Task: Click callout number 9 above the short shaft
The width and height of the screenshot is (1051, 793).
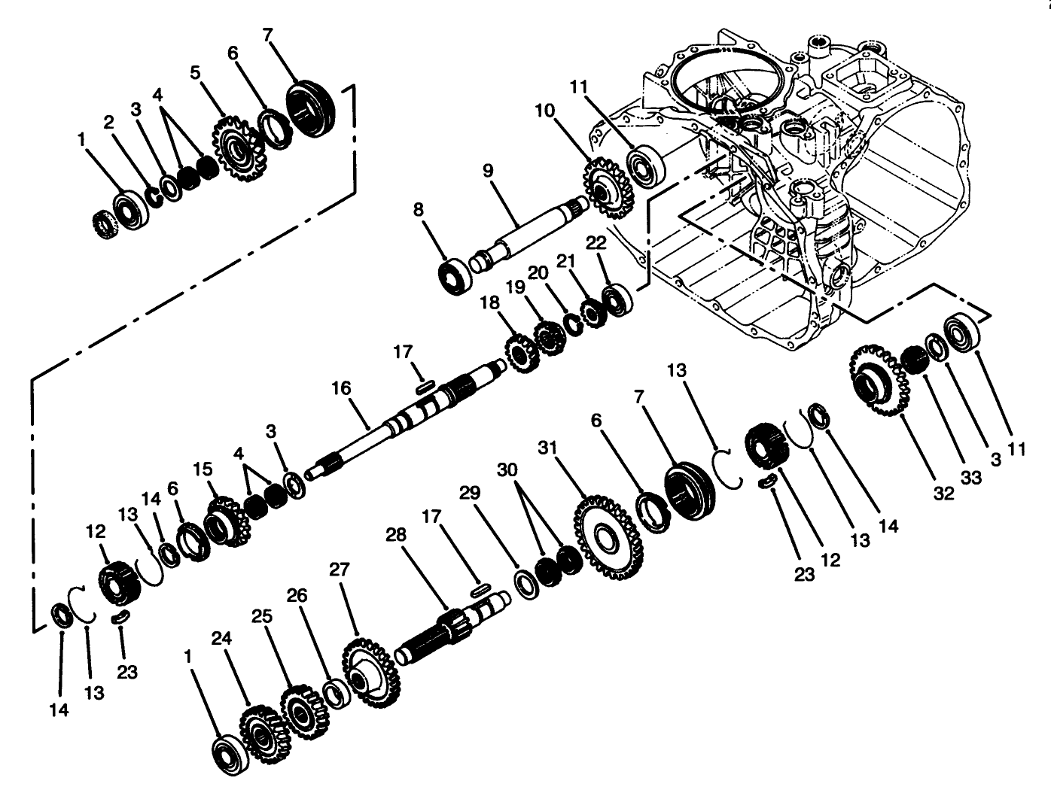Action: [x=488, y=171]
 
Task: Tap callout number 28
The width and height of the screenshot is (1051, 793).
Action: [x=396, y=535]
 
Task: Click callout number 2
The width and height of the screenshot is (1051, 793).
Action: [x=108, y=121]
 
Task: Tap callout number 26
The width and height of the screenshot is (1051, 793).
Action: [x=297, y=596]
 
